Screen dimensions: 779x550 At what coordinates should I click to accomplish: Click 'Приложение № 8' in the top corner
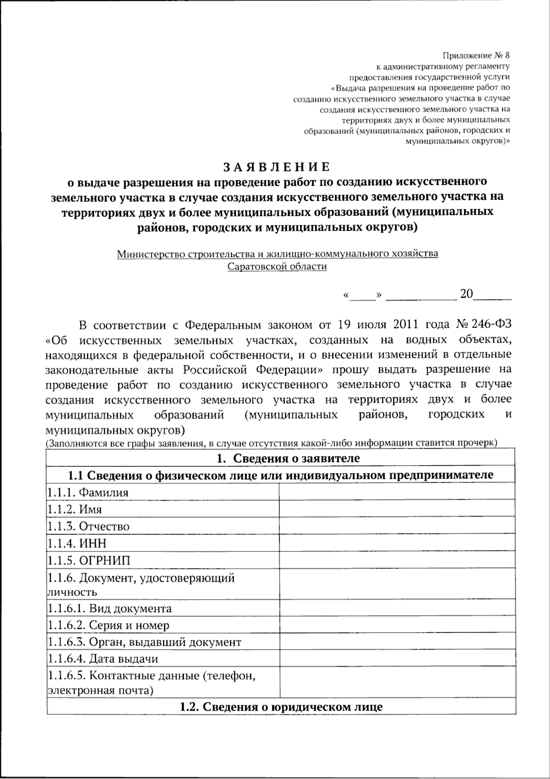tap(476, 56)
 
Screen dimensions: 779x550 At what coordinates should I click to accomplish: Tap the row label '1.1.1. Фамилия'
tap(88, 492)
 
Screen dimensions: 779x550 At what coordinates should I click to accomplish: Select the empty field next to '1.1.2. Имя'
tap(397, 509)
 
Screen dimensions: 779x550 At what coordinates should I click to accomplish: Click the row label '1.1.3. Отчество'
tap(88, 526)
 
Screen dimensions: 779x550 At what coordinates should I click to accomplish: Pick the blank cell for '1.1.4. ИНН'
tap(397, 543)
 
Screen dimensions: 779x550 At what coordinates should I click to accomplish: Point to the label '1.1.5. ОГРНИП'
tap(88, 560)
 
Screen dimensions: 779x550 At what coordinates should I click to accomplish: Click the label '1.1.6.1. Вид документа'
tap(109, 608)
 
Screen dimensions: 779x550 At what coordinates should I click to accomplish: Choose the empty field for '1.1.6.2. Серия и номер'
tap(397, 625)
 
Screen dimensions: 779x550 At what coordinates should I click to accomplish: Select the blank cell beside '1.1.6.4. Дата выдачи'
tap(397, 659)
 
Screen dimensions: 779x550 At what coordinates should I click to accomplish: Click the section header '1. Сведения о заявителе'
tap(288, 458)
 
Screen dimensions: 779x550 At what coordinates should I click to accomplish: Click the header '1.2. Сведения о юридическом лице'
tap(281, 706)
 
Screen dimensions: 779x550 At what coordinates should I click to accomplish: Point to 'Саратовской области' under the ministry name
tap(278, 267)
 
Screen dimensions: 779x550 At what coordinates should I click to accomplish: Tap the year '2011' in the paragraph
tap(405, 325)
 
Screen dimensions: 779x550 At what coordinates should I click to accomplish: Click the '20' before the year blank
tap(466, 294)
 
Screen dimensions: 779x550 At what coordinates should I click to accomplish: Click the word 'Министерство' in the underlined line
tap(149, 253)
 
